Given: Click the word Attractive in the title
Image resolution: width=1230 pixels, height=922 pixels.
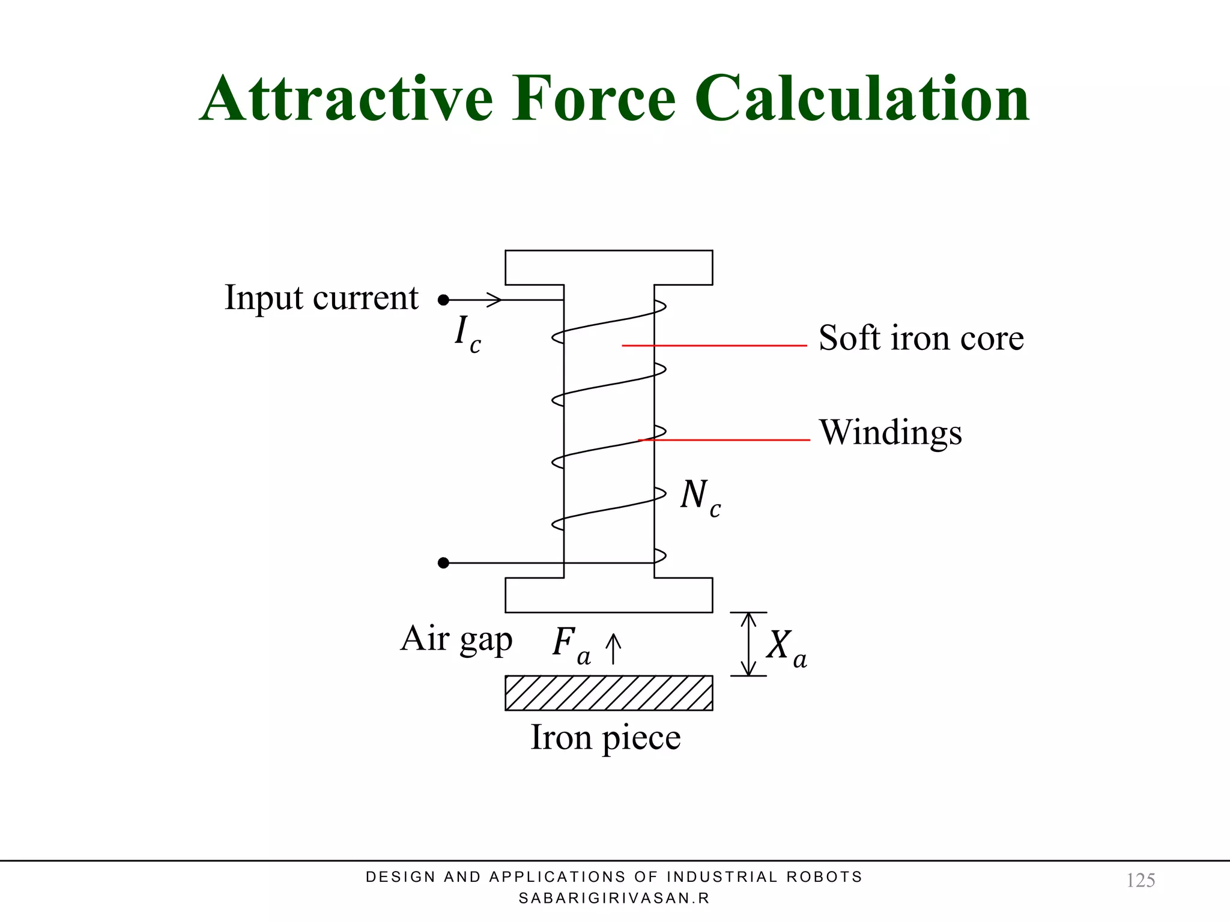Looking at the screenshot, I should click(347, 99).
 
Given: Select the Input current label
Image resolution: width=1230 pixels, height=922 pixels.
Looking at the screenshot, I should click(321, 298).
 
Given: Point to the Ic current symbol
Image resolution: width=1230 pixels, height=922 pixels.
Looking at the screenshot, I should click(467, 335).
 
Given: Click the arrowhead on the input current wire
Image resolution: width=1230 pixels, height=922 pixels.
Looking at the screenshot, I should click(494, 300).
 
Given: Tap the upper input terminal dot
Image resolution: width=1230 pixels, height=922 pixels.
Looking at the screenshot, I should click(443, 300).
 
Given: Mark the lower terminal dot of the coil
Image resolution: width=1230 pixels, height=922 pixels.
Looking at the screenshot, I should click(443, 562).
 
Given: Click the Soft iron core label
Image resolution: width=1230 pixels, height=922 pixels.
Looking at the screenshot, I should click(921, 338).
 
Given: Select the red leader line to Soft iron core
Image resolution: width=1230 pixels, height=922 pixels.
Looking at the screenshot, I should click(714, 346).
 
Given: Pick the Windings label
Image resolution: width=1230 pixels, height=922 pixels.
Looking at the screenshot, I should click(890, 433).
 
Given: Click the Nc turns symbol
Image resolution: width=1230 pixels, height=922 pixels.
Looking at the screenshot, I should click(700, 498).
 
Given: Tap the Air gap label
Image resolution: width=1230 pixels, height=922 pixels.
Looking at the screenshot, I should click(456, 639).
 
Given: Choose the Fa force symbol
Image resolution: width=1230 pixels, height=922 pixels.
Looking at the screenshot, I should click(571, 645).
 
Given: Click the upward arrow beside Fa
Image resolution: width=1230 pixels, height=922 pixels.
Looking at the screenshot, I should click(613, 649).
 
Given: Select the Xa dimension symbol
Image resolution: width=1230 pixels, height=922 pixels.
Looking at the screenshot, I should click(786, 648).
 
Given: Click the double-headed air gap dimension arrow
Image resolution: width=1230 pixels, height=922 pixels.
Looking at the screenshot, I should click(748, 644).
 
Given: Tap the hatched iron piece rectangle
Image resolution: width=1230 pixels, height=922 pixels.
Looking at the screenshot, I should click(608, 693).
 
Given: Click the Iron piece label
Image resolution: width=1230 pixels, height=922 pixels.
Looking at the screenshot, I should click(605, 738).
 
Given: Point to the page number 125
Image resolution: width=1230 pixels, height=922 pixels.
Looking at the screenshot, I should click(1141, 881).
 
